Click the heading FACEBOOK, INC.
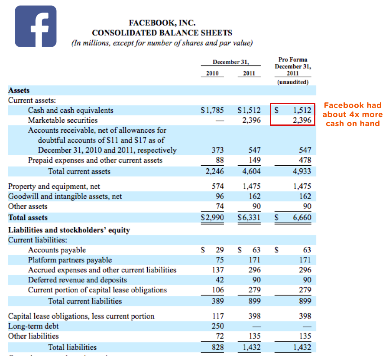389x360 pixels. point(162,23)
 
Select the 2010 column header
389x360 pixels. point(212,73)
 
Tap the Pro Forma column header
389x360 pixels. point(293,66)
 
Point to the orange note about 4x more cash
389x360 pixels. point(353,115)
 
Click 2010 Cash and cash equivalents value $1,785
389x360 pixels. point(213,110)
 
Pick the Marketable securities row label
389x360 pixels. point(63,120)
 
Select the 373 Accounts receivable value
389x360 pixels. point(217,150)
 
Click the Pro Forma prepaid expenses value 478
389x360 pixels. point(305,160)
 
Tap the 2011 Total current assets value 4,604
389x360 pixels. point(251,171)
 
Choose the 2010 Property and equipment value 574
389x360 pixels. point(217,186)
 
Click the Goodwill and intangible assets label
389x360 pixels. point(65,196)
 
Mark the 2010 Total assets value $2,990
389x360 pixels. point(213,217)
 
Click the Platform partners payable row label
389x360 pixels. point(70,260)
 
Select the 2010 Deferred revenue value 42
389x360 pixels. point(220,280)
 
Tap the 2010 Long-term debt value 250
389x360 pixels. point(217,326)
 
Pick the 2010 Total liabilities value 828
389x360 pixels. point(217,347)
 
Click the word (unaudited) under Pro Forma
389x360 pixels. point(293,82)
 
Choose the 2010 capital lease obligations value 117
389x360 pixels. point(217,316)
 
